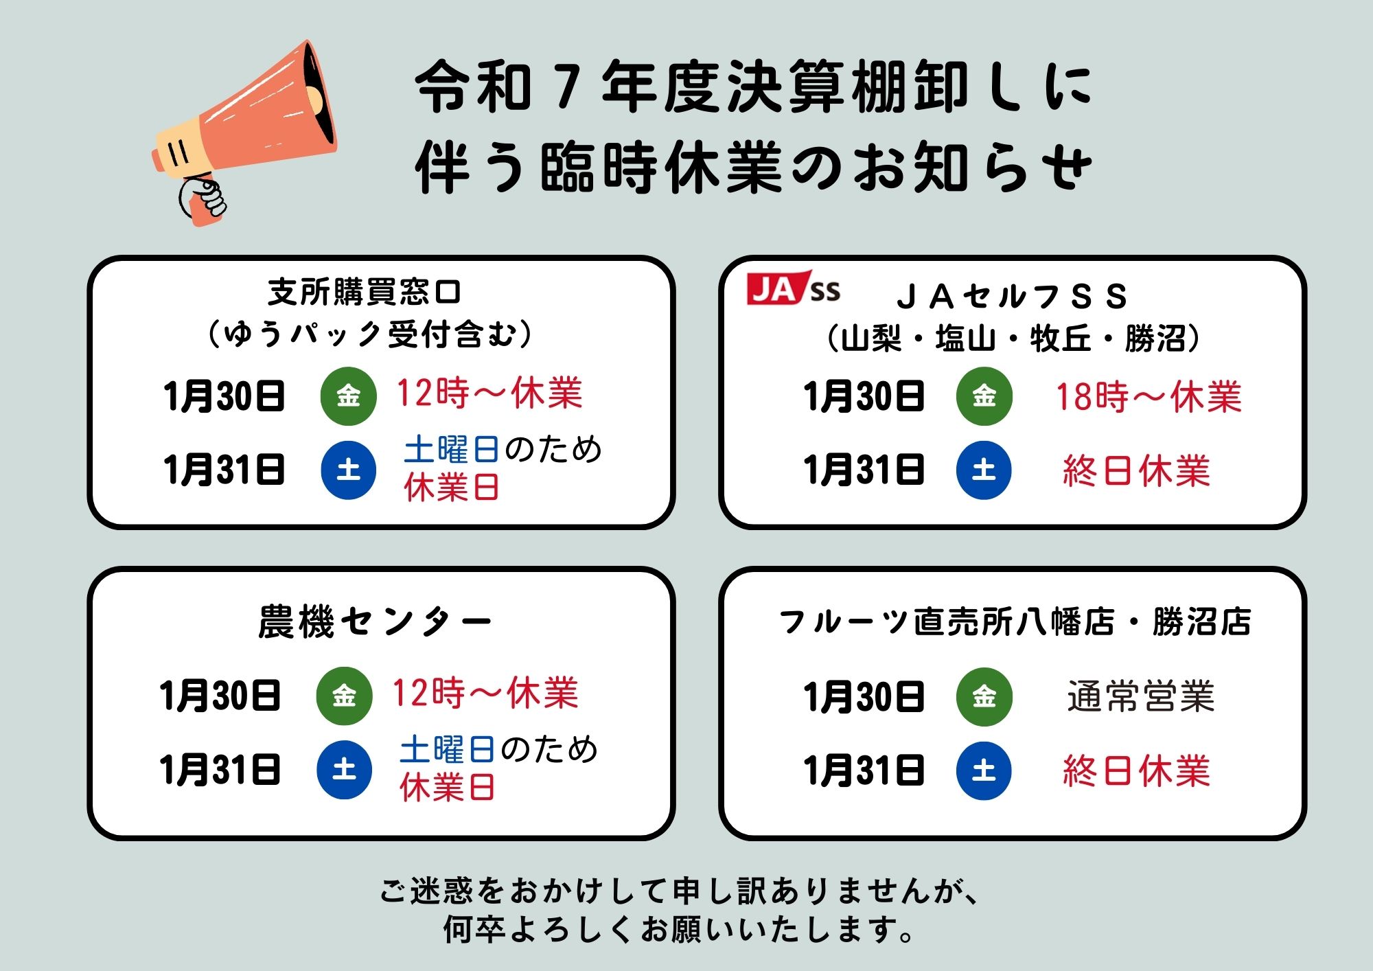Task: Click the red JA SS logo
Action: point(793,288)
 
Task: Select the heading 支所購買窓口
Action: point(365,292)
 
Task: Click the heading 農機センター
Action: point(375,621)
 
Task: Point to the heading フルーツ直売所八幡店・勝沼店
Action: point(1015,621)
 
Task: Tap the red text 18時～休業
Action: point(1149,397)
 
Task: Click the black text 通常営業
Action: point(1141,696)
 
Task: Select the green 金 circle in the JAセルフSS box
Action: point(984,396)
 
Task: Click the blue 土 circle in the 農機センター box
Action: point(344,770)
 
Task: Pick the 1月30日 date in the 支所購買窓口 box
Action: point(224,396)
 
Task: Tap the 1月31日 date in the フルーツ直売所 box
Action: point(864,770)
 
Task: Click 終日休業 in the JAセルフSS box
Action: point(1136,471)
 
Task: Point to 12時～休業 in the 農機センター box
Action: point(485,693)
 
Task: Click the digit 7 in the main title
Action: point(567,88)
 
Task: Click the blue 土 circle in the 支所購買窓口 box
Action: point(349,470)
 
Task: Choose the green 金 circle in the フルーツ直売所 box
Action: point(984,696)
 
